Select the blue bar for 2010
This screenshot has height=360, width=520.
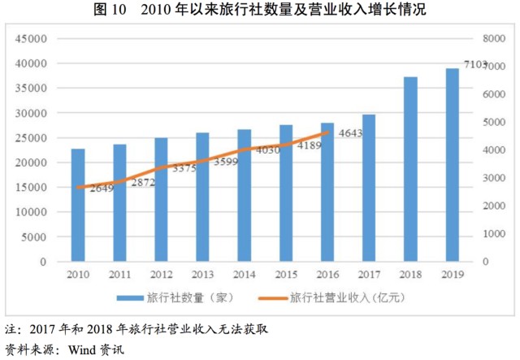click(78, 206)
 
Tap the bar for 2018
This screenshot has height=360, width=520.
click(410, 170)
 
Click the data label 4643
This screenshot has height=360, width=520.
click(349, 132)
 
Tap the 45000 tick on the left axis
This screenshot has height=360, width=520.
click(32, 39)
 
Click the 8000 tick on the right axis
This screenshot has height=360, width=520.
click(494, 39)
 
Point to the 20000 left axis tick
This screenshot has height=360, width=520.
click(32, 163)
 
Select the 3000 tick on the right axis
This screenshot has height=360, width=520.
click(494, 178)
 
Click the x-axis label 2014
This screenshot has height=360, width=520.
click(245, 274)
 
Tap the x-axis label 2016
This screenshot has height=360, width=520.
click(327, 274)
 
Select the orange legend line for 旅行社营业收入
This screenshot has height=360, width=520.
click(271, 297)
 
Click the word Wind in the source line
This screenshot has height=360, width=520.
click(84, 350)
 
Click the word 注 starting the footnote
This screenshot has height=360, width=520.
click(11, 331)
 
